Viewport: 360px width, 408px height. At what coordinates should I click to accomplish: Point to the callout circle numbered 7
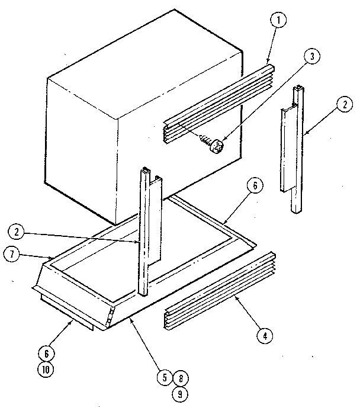pos(12,255)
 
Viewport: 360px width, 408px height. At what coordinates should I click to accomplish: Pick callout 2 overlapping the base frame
pos(18,230)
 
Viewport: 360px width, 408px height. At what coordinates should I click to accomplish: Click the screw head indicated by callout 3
pos(216,146)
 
